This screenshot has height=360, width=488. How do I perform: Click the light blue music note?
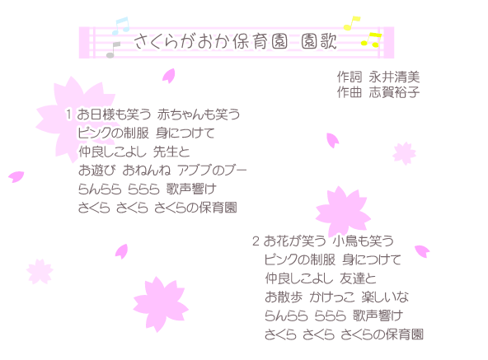coord(120,26)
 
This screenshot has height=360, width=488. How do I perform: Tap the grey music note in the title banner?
coord(113,49)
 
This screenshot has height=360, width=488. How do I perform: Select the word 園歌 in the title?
coord(319,41)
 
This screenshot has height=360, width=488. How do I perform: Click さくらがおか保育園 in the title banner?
coord(211,41)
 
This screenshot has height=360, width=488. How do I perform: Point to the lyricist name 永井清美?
coord(394,77)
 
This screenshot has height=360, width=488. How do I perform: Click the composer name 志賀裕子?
coord(394,92)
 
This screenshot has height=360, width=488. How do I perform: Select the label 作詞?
coord(350,77)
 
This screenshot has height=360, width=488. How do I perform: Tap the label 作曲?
coord(350,92)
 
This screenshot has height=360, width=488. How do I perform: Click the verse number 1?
coord(68,115)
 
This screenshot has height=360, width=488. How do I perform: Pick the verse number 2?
coord(256,241)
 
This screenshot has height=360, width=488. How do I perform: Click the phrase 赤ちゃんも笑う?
coord(199,115)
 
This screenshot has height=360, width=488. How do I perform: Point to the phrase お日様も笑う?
coord(114,115)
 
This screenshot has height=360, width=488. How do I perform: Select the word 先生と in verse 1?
coord(171,152)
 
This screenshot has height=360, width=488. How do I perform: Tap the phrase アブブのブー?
coord(212,171)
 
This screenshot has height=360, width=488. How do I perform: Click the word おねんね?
coord(147,171)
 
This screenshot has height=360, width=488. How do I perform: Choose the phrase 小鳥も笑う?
coord(363,241)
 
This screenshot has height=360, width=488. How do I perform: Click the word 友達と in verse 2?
coord(358,278)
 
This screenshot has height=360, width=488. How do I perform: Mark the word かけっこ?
coord(331,297)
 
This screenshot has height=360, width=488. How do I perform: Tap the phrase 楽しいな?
coord(385,297)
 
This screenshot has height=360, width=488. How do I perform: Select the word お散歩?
coord(284,297)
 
